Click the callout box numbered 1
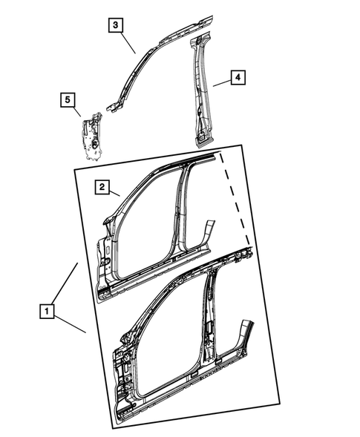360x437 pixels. [x=47, y=312]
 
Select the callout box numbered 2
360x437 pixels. [x=102, y=188]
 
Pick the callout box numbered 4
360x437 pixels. [x=236, y=76]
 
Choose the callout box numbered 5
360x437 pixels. [x=68, y=99]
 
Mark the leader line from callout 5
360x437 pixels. [x=77, y=111]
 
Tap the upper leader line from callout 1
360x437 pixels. [x=66, y=285]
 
